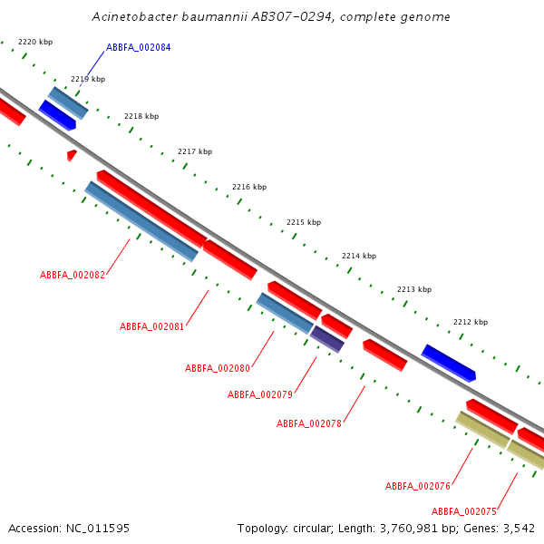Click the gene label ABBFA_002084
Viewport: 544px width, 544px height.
click(138, 47)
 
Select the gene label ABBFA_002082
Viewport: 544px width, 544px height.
click(73, 275)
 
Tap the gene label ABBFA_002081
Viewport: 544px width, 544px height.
click(151, 326)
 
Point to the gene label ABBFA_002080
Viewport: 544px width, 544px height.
click(218, 368)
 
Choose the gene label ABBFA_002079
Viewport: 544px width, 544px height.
click(260, 394)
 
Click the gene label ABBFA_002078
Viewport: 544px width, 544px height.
click(309, 423)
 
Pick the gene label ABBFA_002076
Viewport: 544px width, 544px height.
click(418, 486)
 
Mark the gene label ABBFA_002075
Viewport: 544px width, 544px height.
click(464, 511)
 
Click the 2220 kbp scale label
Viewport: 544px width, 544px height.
click(35, 42)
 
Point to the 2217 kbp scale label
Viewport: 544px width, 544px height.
click(195, 151)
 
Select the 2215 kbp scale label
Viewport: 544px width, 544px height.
click(304, 222)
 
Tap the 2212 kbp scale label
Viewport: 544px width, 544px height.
click(471, 322)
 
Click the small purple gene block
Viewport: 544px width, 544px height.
click(327, 339)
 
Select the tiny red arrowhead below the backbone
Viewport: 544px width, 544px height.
click(72, 155)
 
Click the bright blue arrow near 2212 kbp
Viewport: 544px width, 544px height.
click(448, 363)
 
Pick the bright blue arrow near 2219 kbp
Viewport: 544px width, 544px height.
click(57, 115)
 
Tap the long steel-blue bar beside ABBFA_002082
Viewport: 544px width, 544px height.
click(141, 221)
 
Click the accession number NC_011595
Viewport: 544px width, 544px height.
click(98, 529)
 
